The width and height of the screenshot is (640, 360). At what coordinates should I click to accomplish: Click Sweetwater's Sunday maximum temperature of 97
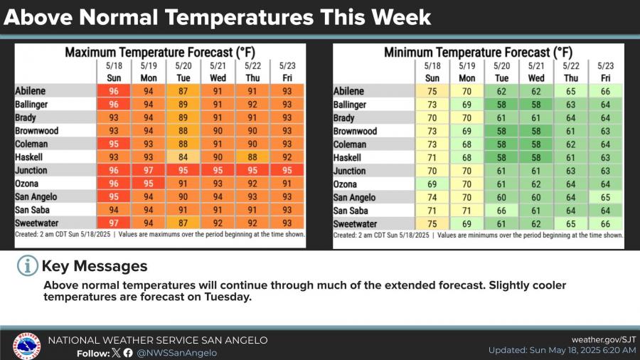[x=114, y=223]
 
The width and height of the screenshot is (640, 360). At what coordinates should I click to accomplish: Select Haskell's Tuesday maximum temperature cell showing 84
[x=183, y=157]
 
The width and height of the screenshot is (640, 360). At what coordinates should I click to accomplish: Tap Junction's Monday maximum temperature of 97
[x=149, y=170]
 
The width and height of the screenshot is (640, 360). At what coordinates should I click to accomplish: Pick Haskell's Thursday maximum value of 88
[x=252, y=157]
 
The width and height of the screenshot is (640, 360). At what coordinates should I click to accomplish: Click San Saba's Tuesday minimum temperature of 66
[x=501, y=211]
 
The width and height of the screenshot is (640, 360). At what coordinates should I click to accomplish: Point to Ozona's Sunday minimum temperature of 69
[x=432, y=184]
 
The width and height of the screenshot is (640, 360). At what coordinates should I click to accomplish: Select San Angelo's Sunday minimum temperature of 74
[x=432, y=198]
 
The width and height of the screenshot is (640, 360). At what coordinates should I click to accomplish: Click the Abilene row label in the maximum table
[x=30, y=90]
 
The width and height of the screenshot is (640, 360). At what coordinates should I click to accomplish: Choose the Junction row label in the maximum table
[x=31, y=170]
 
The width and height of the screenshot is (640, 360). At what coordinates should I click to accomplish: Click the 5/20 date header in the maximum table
[x=183, y=65]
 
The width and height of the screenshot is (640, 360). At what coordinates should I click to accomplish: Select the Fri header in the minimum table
[x=605, y=78]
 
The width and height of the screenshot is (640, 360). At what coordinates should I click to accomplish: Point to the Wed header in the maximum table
[x=218, y=78]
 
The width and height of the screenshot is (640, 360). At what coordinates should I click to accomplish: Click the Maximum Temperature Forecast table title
[x=160, y=53]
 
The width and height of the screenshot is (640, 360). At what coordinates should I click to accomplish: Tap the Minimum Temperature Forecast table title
[x=479, y=53]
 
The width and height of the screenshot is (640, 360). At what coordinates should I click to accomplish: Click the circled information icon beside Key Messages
[x=27, y=265]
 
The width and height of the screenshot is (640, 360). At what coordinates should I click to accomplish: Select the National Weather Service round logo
[x=26, y=346]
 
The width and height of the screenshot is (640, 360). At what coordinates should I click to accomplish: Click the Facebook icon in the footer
[x=128, y=353]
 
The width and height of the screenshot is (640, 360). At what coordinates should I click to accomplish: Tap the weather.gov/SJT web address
[x=604, y=339]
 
